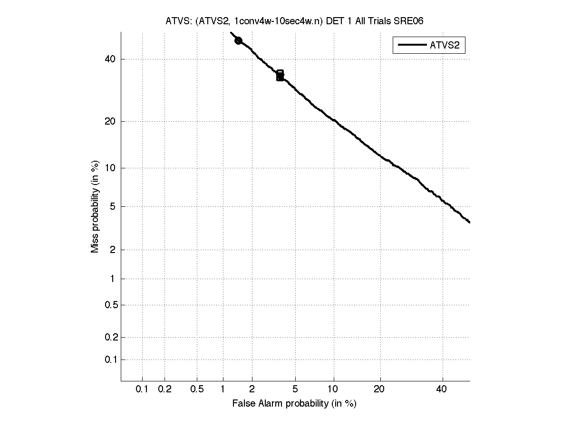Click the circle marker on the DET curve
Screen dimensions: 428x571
point(238,41)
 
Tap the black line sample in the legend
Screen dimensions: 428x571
point(411,45)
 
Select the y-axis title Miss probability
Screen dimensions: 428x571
point(96,206)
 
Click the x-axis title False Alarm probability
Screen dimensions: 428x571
point(294,404)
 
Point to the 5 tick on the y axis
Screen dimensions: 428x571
point(113,206)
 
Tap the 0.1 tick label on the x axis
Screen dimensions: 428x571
point(142,389)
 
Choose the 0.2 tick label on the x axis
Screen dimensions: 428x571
point(165,389)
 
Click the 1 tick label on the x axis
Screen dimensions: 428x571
point(223,389)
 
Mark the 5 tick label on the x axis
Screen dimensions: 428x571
point(295,389)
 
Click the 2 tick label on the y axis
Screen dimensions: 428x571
point(113,250)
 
